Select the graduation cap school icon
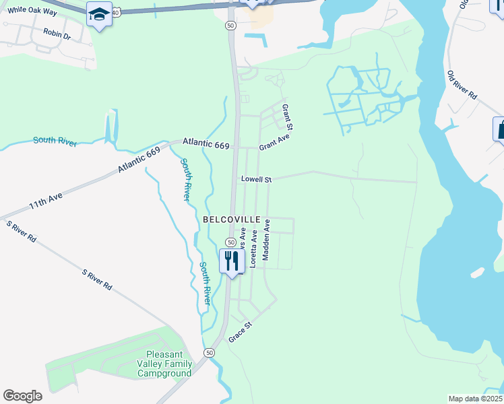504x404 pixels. [x=99, y=14]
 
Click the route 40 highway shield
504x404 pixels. [x=116, y=13]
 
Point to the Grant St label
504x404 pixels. [x=287, y=117]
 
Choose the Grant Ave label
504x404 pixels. [x=274, y=142]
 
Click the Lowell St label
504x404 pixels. [x=256, y=180]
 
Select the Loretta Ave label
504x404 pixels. [x=254, y=248]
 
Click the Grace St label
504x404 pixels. [x=240, y=331]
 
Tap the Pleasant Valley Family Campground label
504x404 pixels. [x=169, y=364]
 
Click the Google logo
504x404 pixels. [x=22, y=396]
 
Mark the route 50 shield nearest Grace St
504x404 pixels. [x=210, y=353]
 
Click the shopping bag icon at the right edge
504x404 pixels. [x=500, y=128]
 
